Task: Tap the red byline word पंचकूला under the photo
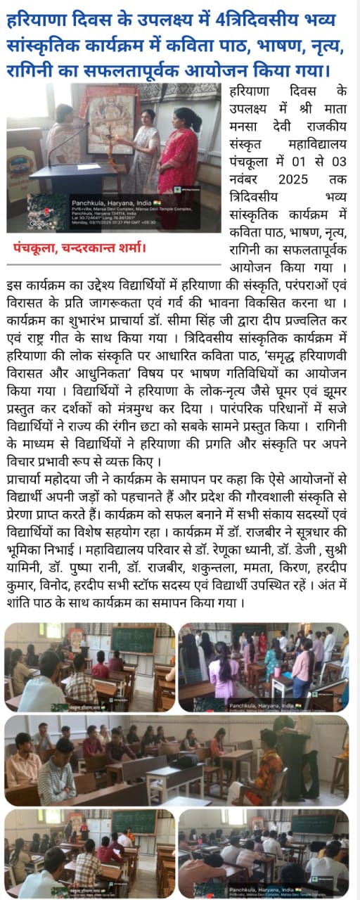[x=35, y=247]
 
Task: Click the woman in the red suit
[x=179, y=158]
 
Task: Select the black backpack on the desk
[x=187, y=761]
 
